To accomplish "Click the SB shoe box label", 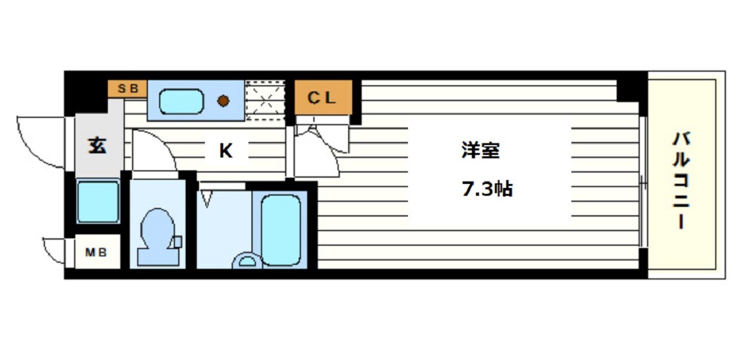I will pyautogui.click(x=128, y=88).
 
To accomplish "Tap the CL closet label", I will pyautogui.click(x=323, y=99).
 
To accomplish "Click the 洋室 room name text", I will pyautogui.click(x=480, y=151).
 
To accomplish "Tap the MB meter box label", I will pyautogui.click(x=96, y=252).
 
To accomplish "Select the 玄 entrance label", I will pyautogui.click(x=97, y=146).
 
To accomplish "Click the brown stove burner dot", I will pyautogui.click(x=224, y=101).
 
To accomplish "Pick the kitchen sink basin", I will pyautogui.click(x=181, y=102).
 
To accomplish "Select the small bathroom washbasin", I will pyautogui.click(x=246, y=261).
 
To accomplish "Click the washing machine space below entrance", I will pyautogui.click(x=98, y=201).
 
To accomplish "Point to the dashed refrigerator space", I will pyautogui.click(x=265, y=101).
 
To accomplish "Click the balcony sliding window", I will pyautogui.click(x=643, y=181).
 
